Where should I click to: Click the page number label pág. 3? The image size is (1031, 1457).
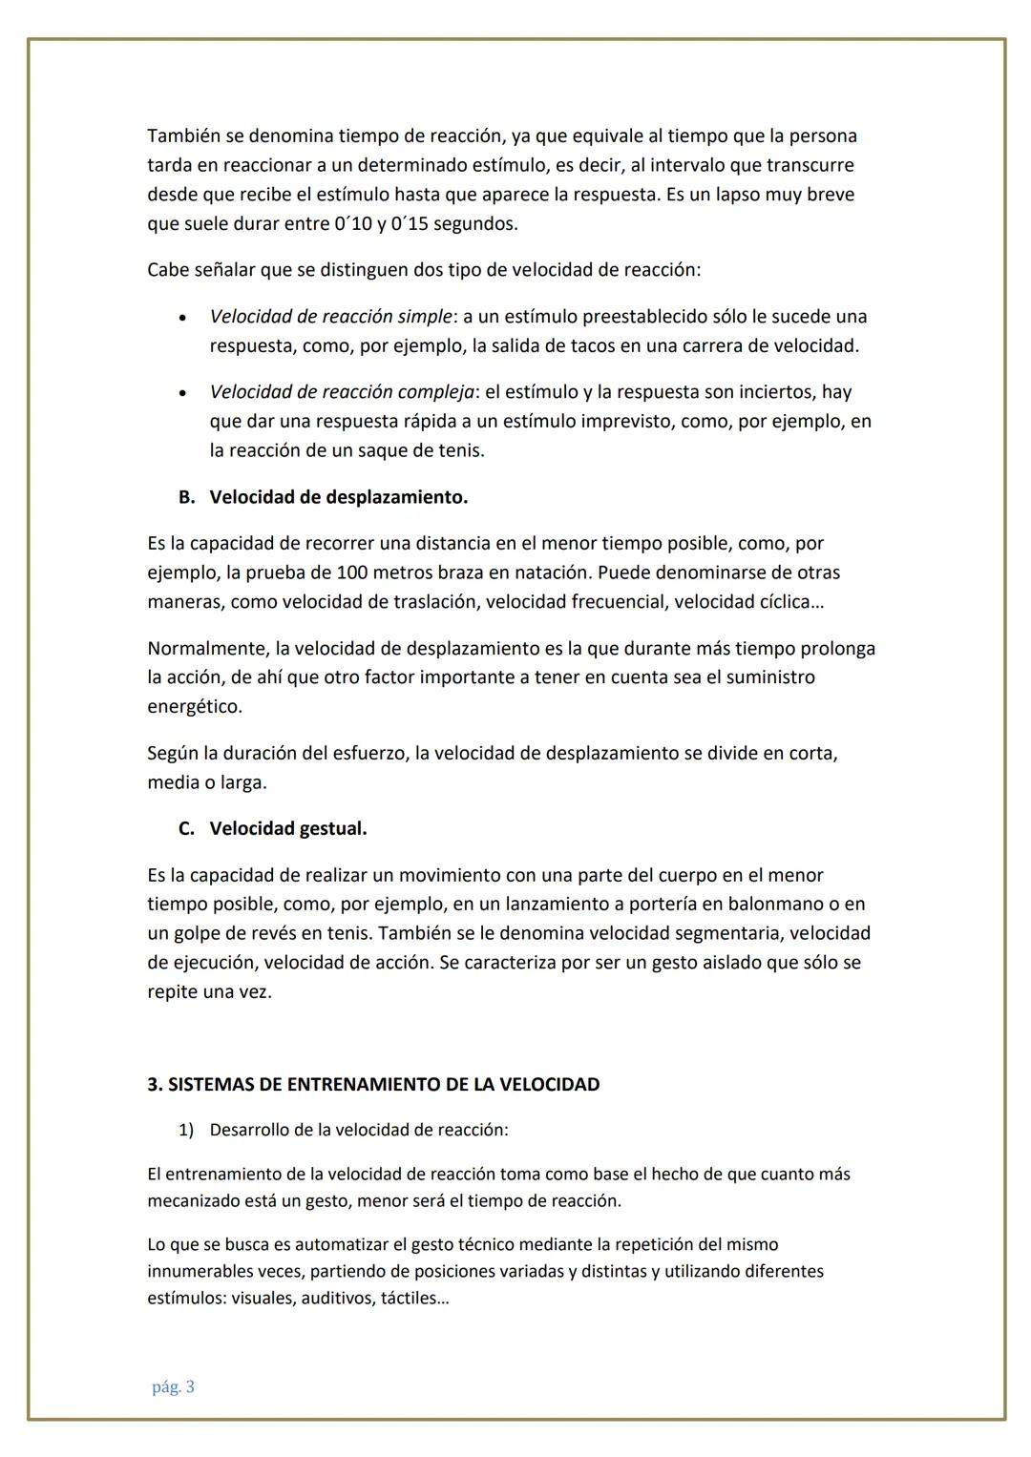coord(173,1387)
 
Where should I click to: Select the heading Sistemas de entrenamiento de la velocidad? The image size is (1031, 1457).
coord(373,1084)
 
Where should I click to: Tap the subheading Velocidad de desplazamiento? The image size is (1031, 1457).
coord(338,497)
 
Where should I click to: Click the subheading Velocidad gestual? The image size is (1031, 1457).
coord(287,828)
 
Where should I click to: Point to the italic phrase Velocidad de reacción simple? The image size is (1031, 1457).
coord(330,316)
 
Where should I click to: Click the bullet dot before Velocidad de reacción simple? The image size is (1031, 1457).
coord(181,318)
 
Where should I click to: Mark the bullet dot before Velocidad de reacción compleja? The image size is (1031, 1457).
coord(181,394)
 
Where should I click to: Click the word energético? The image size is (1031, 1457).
coord(195,707)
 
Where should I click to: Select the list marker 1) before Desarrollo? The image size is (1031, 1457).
coord(186,1130)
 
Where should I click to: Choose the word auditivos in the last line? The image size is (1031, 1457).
coord(337,1299)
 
